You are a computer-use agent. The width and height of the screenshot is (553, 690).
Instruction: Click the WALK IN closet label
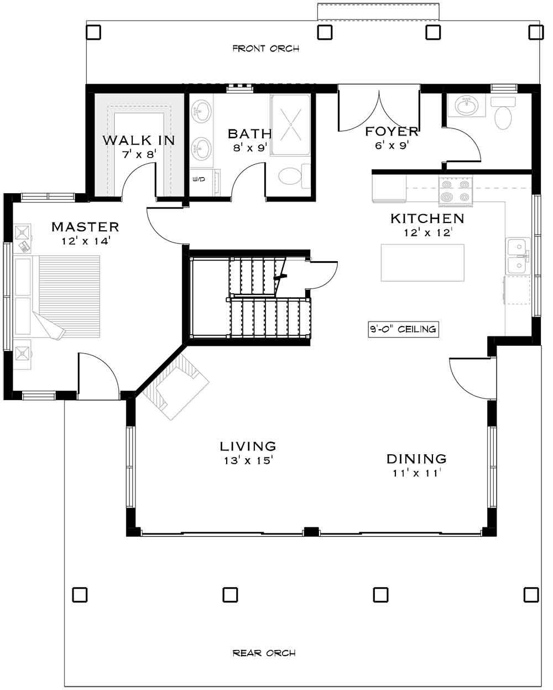[x=138, y=140]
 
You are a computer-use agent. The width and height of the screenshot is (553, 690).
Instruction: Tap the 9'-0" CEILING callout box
[x=403, y=329]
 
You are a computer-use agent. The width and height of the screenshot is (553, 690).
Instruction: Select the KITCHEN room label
[x=427, y=219]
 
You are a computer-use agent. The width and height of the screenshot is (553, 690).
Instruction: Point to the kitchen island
[x=422, y=263]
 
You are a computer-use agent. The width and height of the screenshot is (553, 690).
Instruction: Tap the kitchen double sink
[x=518, y=256]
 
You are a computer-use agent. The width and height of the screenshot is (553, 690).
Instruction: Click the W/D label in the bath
[x=198, y=179]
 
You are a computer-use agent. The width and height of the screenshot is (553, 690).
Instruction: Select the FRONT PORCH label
[x=265, y=49]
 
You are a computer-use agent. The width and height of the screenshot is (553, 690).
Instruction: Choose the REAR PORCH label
[x=264, y=653]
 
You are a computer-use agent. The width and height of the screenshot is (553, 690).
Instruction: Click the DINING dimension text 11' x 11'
[x=416, y=473]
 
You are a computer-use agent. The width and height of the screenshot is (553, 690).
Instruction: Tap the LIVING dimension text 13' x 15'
[x=247, y=460]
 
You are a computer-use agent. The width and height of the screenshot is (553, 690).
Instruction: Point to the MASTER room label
[x=85, y=227]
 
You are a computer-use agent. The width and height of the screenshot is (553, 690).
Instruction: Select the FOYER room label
[x=391, y=132]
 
